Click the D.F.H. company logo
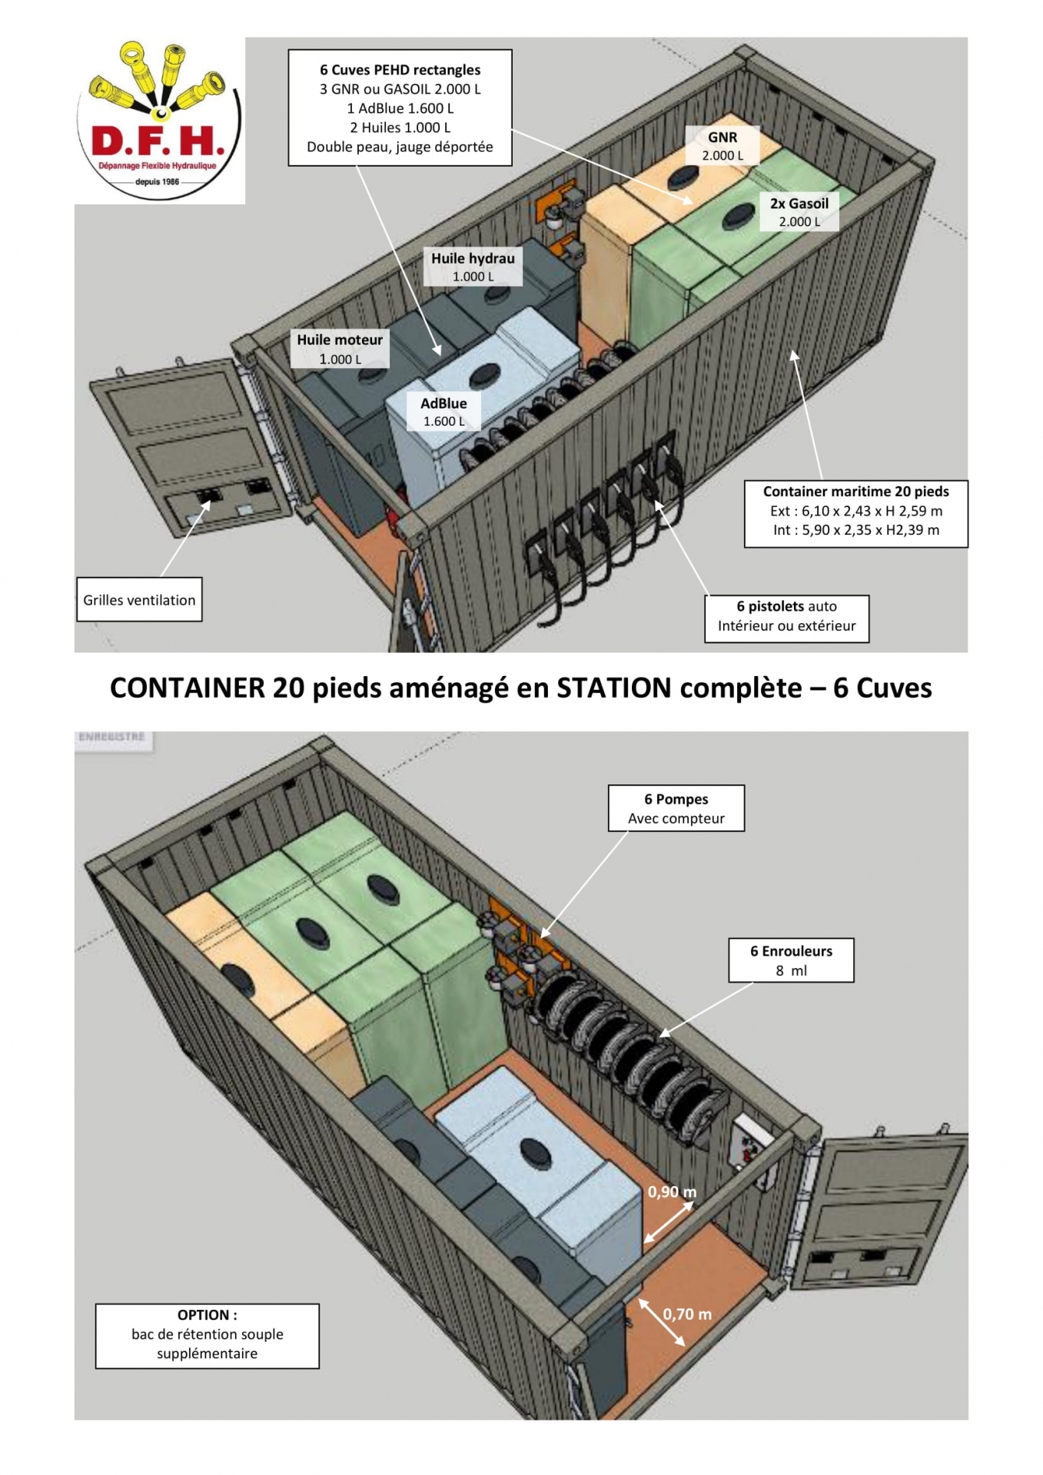click(x=160, y=121)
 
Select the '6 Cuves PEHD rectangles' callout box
click(x=400, y=108)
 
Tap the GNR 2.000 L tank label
click(x=722, y=145)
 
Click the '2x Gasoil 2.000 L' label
click(x=799, y=211)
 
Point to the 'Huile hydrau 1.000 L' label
click(x=473, y=267)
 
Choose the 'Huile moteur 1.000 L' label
click(x=340, y=349)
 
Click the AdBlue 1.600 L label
click(x=443, y=412)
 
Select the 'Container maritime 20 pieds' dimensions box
click(x=855, y=513)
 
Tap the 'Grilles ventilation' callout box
click(x=139, y=599)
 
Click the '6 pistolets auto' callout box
click(x=787, y=618)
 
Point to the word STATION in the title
click(x=614, y=688)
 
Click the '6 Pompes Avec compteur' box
click(x=676, y=808)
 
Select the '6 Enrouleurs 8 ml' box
click(x=791, y=960)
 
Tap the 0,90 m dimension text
click(x=672, y=1192)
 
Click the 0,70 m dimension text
click(x=687, y=1314)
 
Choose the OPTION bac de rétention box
click(x=208, y=1336)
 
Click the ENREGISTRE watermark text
click(x=112, y=737)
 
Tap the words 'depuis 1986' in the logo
click(x=157, y=182)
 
